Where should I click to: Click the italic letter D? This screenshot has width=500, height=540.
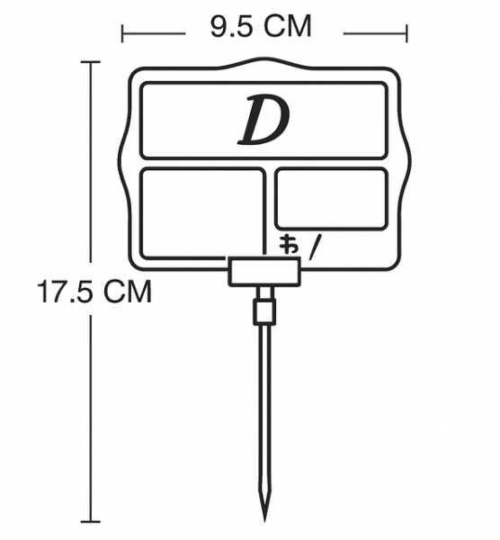pyautogui.click(x=263, y=120)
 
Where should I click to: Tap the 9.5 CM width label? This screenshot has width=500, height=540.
pyautogui.click(x=261, y=26)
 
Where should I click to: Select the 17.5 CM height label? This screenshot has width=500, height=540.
pyautogui.click(x=94, y=292)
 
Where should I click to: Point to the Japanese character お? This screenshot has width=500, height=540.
pyautogui.click(x=289, y=244)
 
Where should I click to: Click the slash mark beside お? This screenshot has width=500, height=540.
pyautogui.click(x=316, y=247)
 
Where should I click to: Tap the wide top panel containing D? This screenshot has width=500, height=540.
pyautogui.click(x=263, y=121)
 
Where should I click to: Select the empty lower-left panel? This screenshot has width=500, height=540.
pyautogui.click(x=203, y=213)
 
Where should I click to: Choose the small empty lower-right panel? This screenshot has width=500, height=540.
pyautogui.click(x=331, y=198)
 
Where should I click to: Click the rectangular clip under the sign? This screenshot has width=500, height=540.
pyautogui.click(x=264, y=273)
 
